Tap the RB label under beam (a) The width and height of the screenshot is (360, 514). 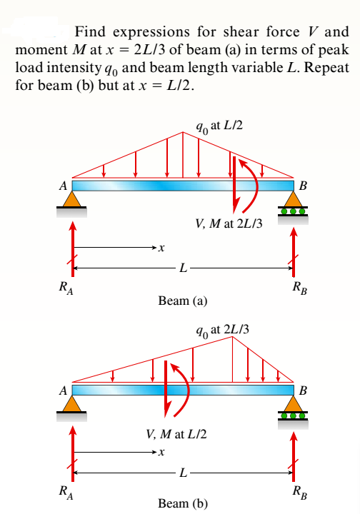296,289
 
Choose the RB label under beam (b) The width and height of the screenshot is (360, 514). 296,492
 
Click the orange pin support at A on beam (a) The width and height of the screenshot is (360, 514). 71,199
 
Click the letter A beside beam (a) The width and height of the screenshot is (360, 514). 64,186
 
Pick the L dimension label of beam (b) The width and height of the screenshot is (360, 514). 184,472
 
